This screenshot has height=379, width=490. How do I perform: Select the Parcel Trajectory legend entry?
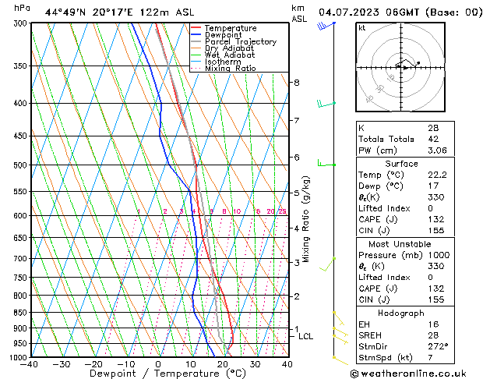tap(240, 42)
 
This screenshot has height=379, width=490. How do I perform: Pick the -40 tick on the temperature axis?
tap(30, 364)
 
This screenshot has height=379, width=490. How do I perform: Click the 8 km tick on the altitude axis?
tap(297, 83)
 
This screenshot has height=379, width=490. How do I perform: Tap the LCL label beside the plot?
tap(305, 337)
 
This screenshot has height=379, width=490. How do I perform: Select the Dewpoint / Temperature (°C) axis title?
tap(158, 374)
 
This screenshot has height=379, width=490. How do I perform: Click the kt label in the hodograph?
tap(361, 27)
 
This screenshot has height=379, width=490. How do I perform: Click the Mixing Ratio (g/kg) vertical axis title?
tap(306, 219)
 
